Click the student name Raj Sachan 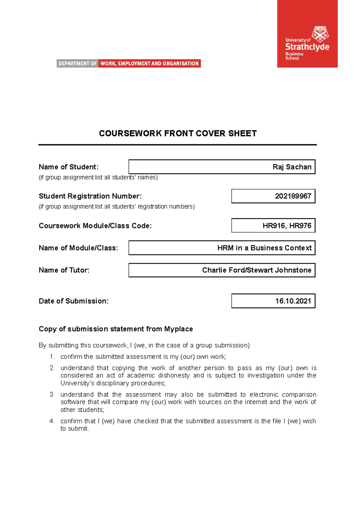(292, 167)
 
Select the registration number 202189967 (293, 196)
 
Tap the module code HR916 (273, 226)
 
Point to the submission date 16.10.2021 (293, 301)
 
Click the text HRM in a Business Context (264, 248)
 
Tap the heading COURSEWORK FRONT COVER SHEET (178, 133)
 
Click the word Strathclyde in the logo (307, 47)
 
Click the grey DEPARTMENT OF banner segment (77, 64)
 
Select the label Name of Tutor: (64, 270)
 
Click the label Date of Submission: (73, 301)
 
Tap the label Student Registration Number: (90, 196)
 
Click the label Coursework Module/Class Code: (95, 226)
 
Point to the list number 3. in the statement (52, 394)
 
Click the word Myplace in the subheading (178, 329)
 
